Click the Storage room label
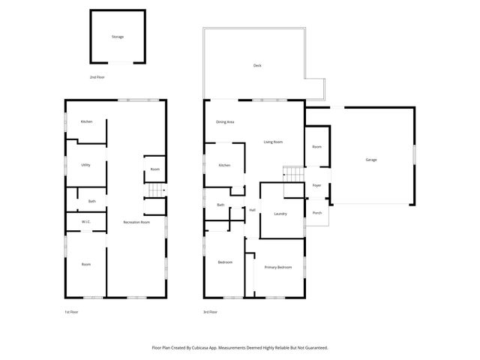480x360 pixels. [118, 37]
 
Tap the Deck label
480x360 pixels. [257, 66]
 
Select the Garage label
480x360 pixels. [371, 160]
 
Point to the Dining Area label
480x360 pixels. [225, 121]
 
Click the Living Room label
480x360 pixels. [272, 142]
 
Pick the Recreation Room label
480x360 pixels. [137, 222]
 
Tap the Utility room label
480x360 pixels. [86, 165]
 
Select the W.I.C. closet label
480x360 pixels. [85, 221]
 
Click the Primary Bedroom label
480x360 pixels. [278, 267]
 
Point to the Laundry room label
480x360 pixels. [281, 214]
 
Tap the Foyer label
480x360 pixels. [316, 185]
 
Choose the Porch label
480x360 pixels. [316, 213]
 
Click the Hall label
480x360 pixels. [253, 210]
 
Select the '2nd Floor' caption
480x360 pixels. [97, 77]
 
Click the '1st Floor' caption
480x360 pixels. [72, 311]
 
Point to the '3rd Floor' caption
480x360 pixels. [210, 311]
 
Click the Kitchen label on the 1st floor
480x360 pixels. [86, 121]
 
